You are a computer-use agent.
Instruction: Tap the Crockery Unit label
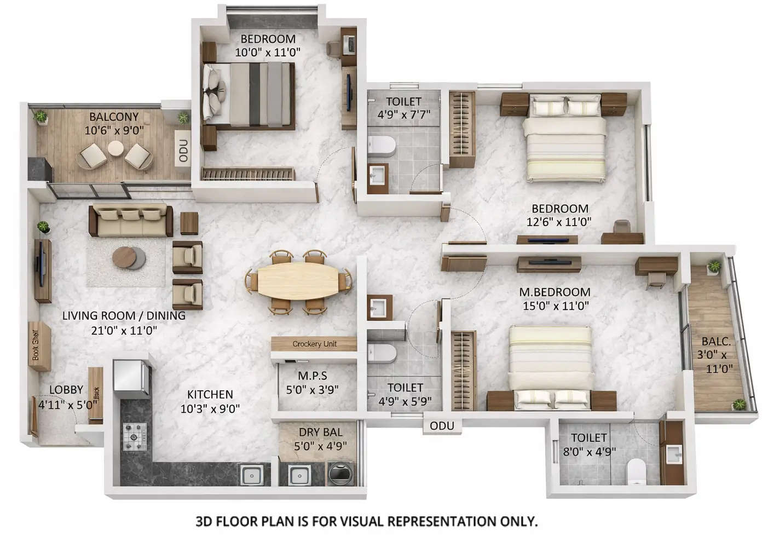[x=314, y=344]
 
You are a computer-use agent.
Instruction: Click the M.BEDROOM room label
[x=555, y=292]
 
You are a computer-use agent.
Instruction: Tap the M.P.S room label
[x=313, y=376]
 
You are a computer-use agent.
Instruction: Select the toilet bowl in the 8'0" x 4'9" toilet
[x=637, y=470]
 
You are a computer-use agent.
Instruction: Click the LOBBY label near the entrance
[x=66, y=390]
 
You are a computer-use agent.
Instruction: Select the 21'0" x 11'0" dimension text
[x=124, y=330]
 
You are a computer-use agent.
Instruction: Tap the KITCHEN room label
[x=210, y=394]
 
